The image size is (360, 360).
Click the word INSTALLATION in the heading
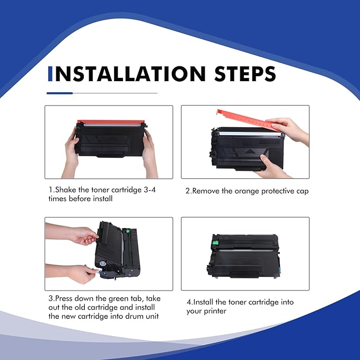[x=130, y=74]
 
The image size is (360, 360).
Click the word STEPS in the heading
[x=245, y=74]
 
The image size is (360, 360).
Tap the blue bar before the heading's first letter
[x=50, y=74]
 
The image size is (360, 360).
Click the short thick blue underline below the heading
[x=60, y=93]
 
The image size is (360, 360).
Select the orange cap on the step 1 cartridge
[x=111, y=122]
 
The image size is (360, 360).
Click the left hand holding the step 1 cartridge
[x=72, y=154]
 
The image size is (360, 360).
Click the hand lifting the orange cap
[x=289, y=130]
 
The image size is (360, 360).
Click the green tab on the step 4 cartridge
[x=215, y=242]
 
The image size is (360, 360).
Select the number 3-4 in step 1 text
[x=150, y=190]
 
